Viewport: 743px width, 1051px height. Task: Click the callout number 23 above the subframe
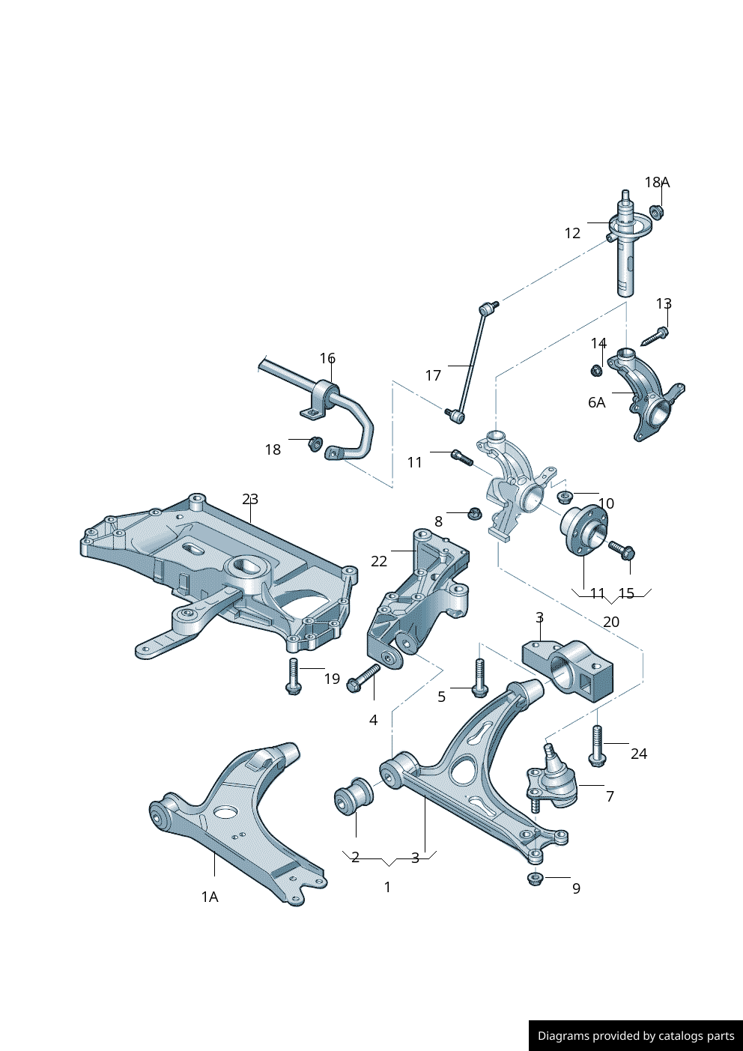pyautogui.click(x=250, y=499)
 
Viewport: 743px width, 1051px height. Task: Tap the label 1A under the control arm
pyautogui.click(x=210, y=897)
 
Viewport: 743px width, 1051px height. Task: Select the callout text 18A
pyautogui.click(x=657, y=182)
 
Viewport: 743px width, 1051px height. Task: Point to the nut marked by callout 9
pyautogui.click(x=535, y=878)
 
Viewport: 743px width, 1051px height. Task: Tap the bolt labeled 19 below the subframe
pyautogui.click(x=294, y=676)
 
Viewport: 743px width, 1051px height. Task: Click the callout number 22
pyautogui.click(x=379, y=561)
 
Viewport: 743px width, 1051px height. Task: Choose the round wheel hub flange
pyautogui.click(x=583, y=530)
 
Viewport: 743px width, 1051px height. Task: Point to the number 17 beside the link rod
pyautogui.click(x=433, y=375)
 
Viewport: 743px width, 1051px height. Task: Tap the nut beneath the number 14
pyautogui.click(x=597, y=370)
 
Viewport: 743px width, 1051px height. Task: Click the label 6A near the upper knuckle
pyautogui.click(x=596, y=402)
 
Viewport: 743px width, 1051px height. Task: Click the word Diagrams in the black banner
pyautogui.click(x=562, y=1036)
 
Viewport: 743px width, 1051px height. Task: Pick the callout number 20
pyautogui.click(x=611, y=622)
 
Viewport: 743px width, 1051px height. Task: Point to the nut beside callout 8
pyautogui.click(x=473, y=513)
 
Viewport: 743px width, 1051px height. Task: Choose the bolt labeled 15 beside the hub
pyautogui.click(x=622, y=551)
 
